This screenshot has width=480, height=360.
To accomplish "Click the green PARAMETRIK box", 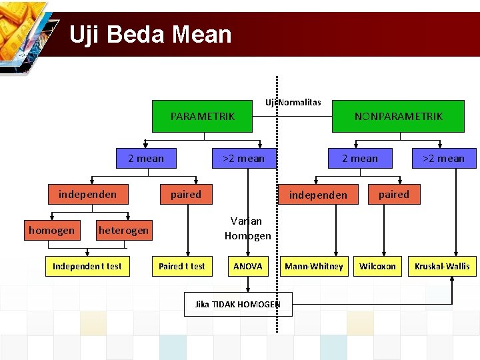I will (x=202, y=117).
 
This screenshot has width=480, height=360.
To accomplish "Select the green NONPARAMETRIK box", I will (x=398, y=117).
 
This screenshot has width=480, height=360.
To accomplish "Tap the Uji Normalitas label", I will (x=293, y=102).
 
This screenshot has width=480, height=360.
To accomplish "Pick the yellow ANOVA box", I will (x=247, y=266).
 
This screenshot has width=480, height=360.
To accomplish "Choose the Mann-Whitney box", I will (x=313, y=266).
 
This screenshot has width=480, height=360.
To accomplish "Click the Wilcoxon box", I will (x=377, y=266).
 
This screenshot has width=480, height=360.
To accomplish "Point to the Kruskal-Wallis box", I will (x=441, y=266).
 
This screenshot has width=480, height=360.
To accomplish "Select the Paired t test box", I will (x=181, y=266).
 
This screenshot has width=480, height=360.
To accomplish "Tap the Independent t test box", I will (x=87, y=266).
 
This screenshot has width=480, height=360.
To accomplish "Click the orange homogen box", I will (x=51, y=231).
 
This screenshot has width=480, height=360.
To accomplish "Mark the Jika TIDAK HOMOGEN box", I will (x=237, y=304).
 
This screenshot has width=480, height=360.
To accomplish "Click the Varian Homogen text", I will (x=247, y=228).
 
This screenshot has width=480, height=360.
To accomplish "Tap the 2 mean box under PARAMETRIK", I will (x=145, y=158).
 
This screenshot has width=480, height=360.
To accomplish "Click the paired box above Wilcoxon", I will (x=393, y=194).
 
